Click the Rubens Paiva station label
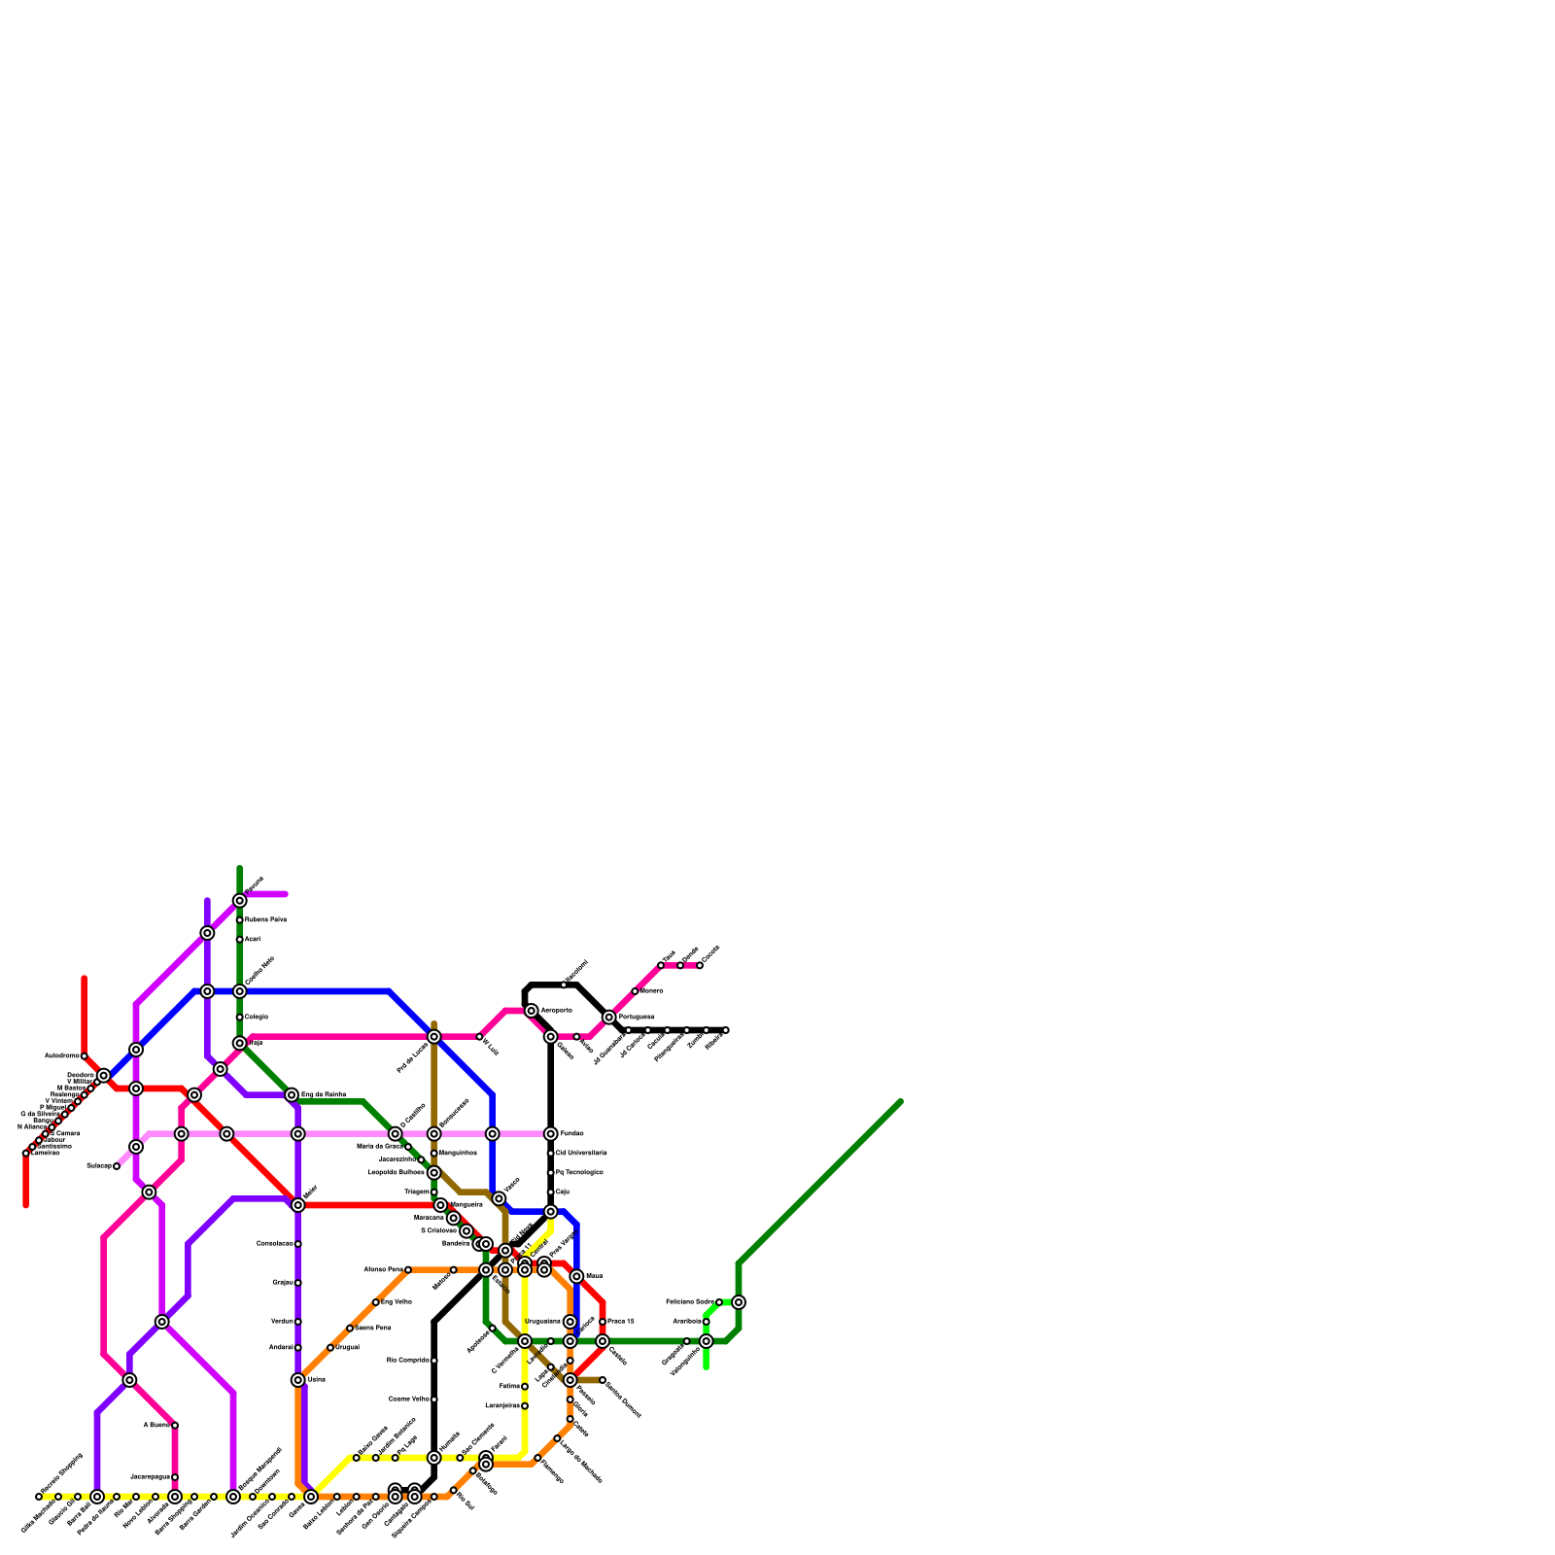coord(265,919)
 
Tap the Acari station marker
coord(240,940)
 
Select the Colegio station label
coord(257,1017)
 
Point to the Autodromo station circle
coord(85,1056)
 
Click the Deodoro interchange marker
coord(104,1076)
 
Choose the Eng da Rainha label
coord(324,1095)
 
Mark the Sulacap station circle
coord(117,1166)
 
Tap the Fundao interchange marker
coord(551,1134)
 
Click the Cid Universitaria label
coord(581,1154)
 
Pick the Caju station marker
coord(551,1192)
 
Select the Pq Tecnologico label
coord(579,1173)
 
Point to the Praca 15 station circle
coord(603,1322)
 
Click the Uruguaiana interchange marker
coord(570,1322)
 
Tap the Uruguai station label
coord(347,1348)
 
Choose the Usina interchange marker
coord(298,1380)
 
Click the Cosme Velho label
coord(409,1399)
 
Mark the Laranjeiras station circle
coord(525,1406)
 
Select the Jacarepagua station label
coord(150,1477)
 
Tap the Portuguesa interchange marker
coord(609,1018)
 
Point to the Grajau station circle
coord(298,1283)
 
